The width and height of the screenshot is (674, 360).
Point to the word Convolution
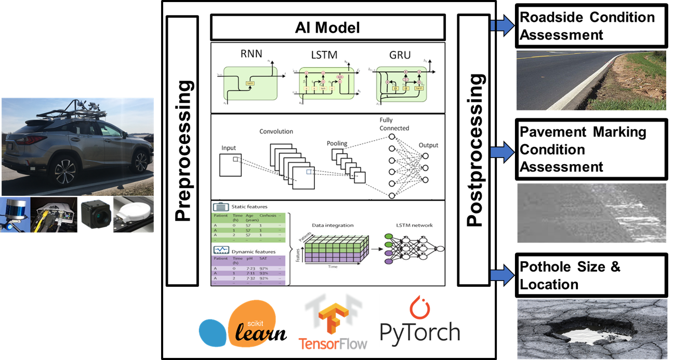(x=276, y=131)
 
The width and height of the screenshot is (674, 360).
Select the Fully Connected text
(x=394, y=124)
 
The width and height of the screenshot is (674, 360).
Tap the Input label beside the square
(x=229, y=148)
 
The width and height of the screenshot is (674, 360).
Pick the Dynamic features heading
(x=252, y=250)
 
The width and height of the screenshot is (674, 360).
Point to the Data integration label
(x=333, y=225)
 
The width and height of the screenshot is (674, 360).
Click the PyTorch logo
(x=419, y=321)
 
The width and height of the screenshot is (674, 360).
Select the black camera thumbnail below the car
(x=96, y=214)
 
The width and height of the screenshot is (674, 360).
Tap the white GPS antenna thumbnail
(x=134, y=214)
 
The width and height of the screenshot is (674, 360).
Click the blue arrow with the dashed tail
(x=502, y=25)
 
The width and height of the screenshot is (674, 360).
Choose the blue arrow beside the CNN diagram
(x=502, y=152)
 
